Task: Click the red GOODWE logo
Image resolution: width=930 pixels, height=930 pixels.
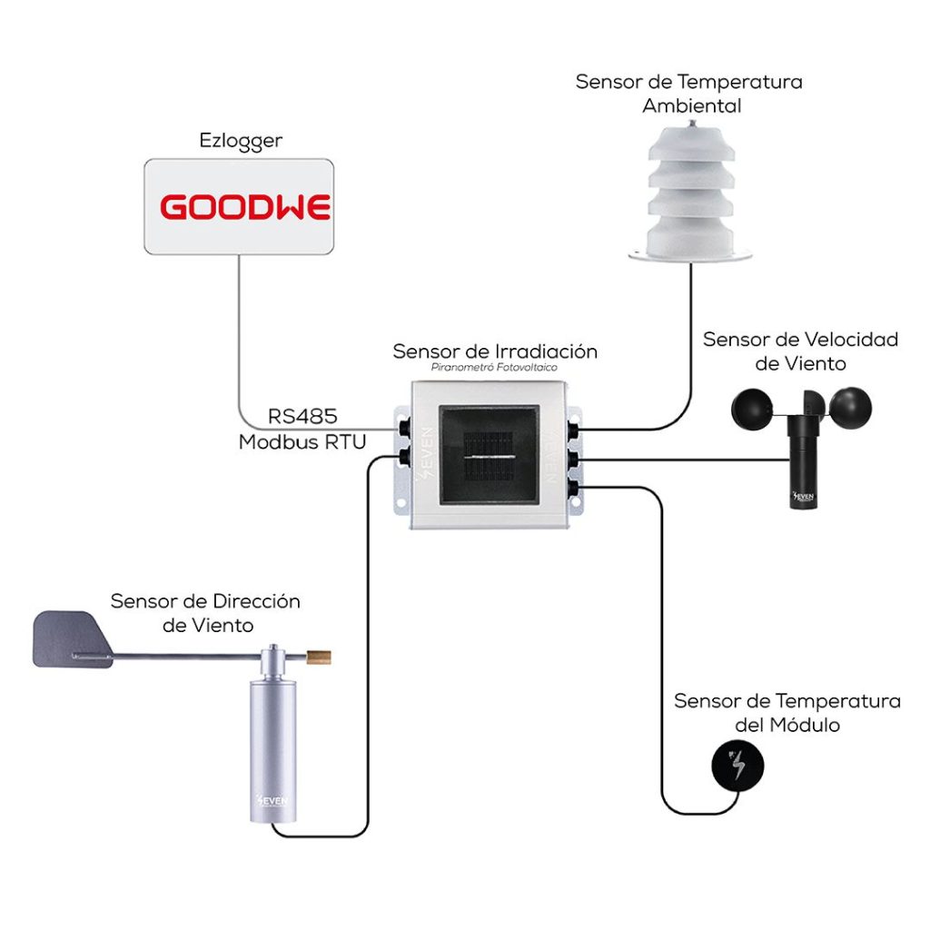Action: [245, 207]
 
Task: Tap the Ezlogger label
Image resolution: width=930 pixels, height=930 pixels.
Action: [241, 141]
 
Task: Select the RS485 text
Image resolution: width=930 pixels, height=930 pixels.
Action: [302, 417]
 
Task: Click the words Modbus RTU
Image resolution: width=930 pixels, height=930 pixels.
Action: [302, 442]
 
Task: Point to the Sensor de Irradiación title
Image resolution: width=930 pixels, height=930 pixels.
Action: [495, 351]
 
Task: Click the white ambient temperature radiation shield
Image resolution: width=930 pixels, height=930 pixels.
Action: [690, 195]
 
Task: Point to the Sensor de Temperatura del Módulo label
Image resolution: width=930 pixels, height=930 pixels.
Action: [787, 713]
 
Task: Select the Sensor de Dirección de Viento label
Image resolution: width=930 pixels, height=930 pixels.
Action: [205, 613]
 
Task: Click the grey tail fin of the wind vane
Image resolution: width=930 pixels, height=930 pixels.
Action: [71, 639]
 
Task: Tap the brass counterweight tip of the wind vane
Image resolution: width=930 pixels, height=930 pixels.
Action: [319, 654]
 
